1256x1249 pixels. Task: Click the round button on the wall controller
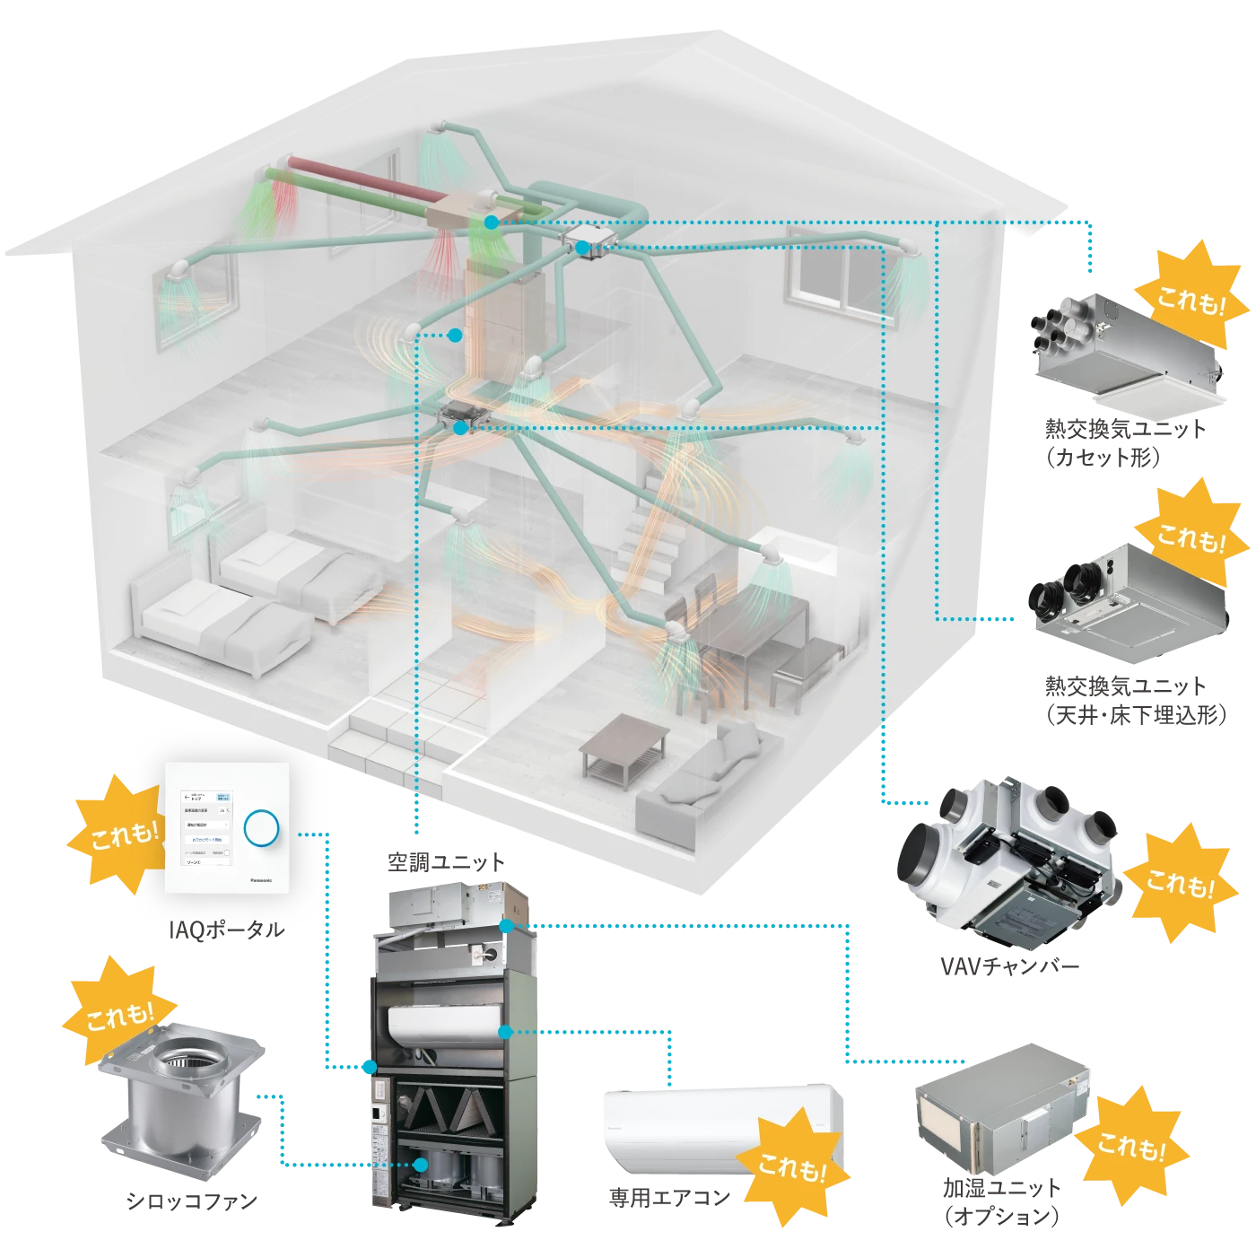[x=261, y=827]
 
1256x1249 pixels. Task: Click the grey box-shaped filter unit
[x=996, y=1108]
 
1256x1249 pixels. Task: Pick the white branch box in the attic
[x=589, y=242]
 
